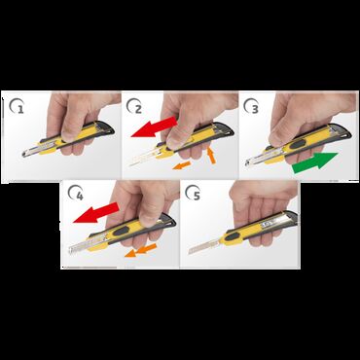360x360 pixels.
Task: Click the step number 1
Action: pos(20,109)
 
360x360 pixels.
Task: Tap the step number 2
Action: pos(138,109)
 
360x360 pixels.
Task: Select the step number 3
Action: pos(255,109)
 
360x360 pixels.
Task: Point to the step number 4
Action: pos(80,197)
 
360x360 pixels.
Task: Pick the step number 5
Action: pos(197,197)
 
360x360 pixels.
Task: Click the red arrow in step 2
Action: pos(154,127)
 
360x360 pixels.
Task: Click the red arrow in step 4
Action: pos(96,213)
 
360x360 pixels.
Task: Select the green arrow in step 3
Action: pos(315,162)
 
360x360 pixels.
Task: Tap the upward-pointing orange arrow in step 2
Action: pos(211,155)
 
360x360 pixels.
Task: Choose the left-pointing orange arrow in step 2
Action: pos(181,165)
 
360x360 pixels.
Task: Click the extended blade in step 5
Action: pos(203,247)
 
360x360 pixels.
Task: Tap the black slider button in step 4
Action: pos(121,232)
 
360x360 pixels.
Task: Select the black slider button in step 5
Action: pos(233,236)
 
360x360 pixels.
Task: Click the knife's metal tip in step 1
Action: pos(24,154)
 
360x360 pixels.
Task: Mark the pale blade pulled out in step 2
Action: pos(144,157)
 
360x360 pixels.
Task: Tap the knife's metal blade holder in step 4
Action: pos(80,245)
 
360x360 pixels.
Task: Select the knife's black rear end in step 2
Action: pos(227,128)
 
